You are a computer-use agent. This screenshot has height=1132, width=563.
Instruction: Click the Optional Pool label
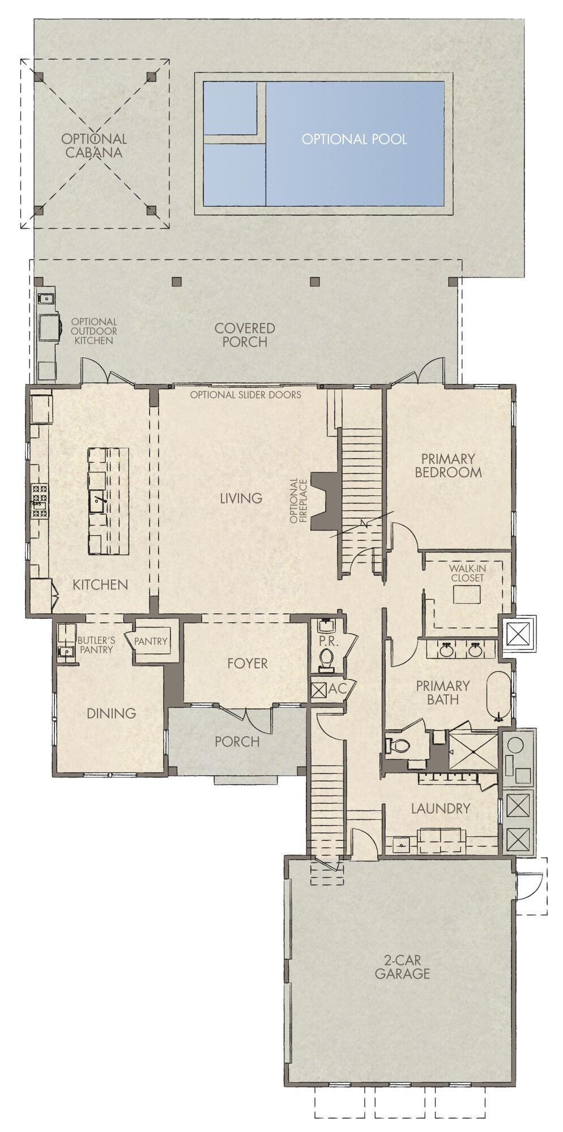tap(354, 139)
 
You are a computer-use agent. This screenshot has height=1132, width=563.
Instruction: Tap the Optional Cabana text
tap(94, 146)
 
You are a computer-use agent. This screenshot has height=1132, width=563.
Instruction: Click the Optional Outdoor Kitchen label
tap(94, 331)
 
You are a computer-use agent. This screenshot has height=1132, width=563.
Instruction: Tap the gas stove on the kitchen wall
tap(39, 502)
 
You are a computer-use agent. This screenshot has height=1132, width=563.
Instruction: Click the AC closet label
tap(338, 689)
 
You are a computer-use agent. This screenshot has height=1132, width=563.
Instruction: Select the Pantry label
tap(151, 641)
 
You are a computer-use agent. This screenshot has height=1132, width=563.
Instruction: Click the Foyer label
tap(247, 663)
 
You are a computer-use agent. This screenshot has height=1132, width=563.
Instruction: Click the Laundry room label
tap(441, 808)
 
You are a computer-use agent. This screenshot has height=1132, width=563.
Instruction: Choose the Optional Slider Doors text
tap(246, 395)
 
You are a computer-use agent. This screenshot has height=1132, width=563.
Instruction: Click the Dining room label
tap(112, 713)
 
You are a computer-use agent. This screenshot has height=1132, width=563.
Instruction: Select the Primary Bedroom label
tap(448, 465)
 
